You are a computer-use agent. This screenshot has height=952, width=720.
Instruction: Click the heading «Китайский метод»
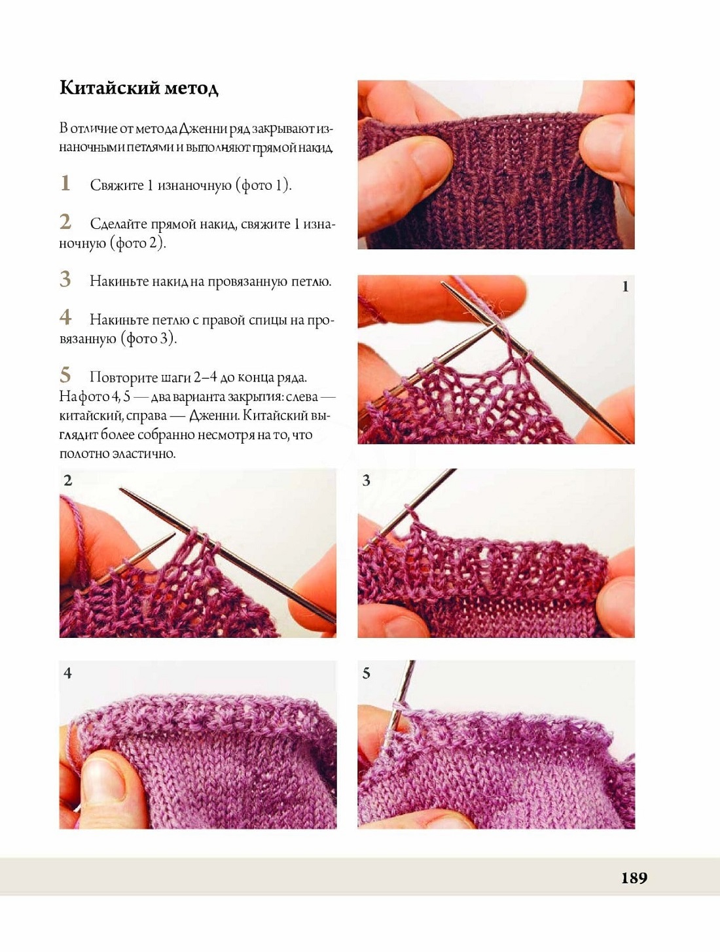pyautogui.click(x=139, y=88)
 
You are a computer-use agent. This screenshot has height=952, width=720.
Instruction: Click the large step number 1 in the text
pyautogui.click(x=65, y=183)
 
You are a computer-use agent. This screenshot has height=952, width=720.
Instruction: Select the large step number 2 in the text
pyautogui.click(x=65, y=222)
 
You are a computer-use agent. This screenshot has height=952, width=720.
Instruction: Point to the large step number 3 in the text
pyautogui.click(x=65, y=279)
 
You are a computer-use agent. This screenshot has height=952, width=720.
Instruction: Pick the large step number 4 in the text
pyautogui.click(x=65, y=317)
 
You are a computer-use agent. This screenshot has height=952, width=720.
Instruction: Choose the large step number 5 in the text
pyautogui.click(x=65, y=375)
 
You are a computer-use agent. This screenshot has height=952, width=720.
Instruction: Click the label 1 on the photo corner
pyautogui.click(x=625, y=287)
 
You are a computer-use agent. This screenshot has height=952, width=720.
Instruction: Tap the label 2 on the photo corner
pyautogui.click(x=67, y=480)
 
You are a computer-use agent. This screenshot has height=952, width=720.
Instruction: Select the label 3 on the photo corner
pyautogui.click(x=367, y=480)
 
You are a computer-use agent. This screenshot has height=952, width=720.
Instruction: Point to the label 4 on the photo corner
pyautogui.click(x=67, y=673)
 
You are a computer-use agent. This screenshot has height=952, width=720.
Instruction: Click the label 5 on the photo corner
pyautogui.click(x=367, y=673)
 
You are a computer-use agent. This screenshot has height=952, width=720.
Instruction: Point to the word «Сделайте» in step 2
pyautogui.click(x=119, y=224)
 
